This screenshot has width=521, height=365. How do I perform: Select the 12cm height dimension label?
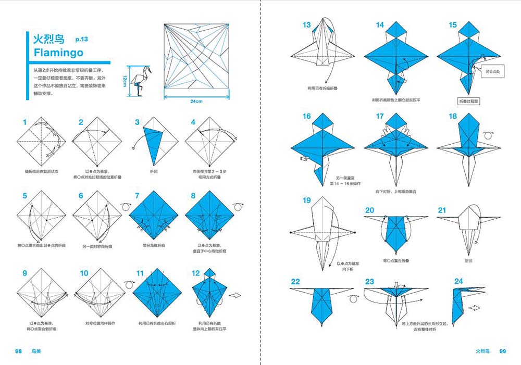click(125, 81)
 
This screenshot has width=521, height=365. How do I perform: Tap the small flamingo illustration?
click(140, 81)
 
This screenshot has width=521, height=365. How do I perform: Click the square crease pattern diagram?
click(196, 56)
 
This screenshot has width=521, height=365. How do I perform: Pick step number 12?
click(196, 273)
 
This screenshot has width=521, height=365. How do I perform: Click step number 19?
click(306, 200)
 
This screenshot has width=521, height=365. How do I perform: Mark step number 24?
click(458, 282)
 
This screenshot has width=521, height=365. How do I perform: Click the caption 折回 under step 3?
click(153, 170)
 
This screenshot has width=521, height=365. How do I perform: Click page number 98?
click(18, 351)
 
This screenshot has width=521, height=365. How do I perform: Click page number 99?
click(503, 351)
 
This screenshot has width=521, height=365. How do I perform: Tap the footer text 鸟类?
click(35, 351)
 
